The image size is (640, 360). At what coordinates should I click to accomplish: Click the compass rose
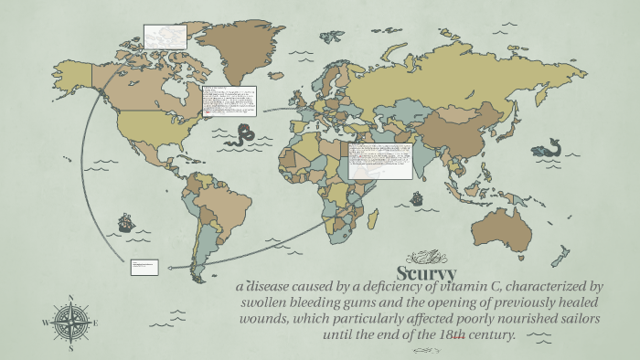click(x=70, y=322)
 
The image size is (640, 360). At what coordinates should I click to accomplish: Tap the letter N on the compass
click(x=70, y=296)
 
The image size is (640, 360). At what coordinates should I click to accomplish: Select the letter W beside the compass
click(x=45, y=323)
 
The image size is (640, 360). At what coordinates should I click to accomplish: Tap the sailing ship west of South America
click(x=125, y=222)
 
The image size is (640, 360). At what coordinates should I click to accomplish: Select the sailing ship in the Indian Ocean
click(x=417, y=197)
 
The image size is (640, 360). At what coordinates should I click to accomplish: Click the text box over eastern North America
click(x=229, y=102)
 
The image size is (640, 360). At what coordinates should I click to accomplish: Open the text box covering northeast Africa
click(x=379, y=161)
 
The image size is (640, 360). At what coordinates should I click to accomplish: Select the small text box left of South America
click(x=144, y=267)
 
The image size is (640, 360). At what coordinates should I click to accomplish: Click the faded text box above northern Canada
click(x=165, y=37)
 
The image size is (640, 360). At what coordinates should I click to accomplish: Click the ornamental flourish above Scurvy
click(x=430, y=256)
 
